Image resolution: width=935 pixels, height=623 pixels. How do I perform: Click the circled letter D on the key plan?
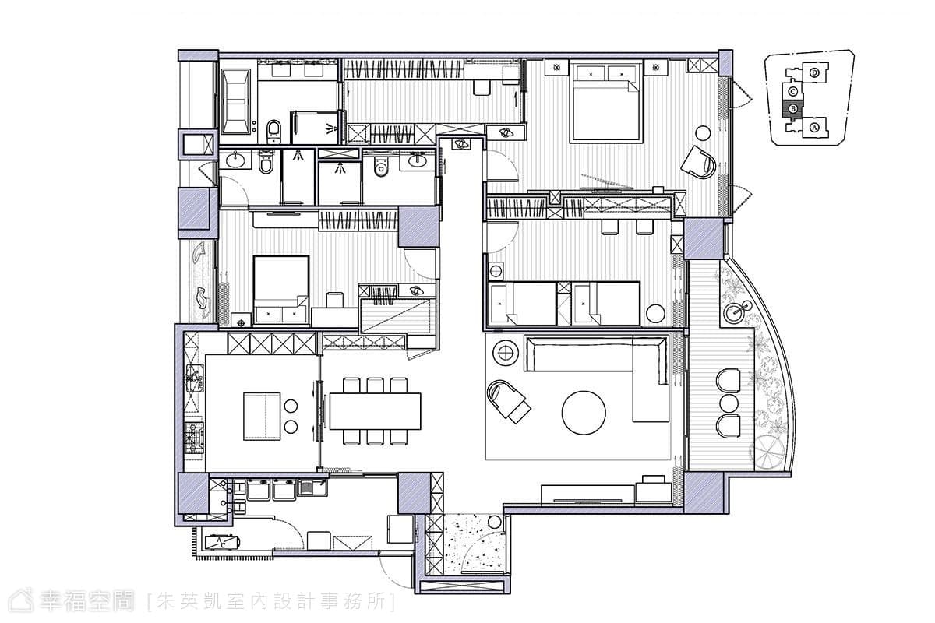click(814, 73)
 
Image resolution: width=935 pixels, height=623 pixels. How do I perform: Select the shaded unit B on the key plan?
click(792, 109)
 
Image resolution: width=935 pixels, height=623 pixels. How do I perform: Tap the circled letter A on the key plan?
click(814, 128)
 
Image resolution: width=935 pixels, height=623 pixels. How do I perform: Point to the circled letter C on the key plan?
click(792, 91)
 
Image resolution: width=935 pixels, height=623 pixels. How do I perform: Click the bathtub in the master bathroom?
click(236, 101)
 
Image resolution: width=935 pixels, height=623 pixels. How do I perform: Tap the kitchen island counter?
click(262, 416)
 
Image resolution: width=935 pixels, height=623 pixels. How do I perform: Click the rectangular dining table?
click(375, 411)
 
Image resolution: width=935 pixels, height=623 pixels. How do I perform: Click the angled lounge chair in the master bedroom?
click(698, 162)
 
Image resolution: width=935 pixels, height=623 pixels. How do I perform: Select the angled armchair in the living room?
click(507, 401)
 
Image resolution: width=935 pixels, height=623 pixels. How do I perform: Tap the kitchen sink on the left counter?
click(195, 378)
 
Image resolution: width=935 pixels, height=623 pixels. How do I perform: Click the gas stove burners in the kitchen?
click(194, 438)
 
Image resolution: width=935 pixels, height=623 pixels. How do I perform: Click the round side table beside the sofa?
click(506, 353)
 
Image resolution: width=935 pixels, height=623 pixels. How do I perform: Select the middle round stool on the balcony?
click(729, 403)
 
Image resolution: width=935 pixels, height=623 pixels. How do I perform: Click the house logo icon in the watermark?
click(21, 601)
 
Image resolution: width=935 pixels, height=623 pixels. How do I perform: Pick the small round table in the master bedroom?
click(704, 132)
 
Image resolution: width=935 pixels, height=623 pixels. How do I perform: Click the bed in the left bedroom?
click(281, 290)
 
